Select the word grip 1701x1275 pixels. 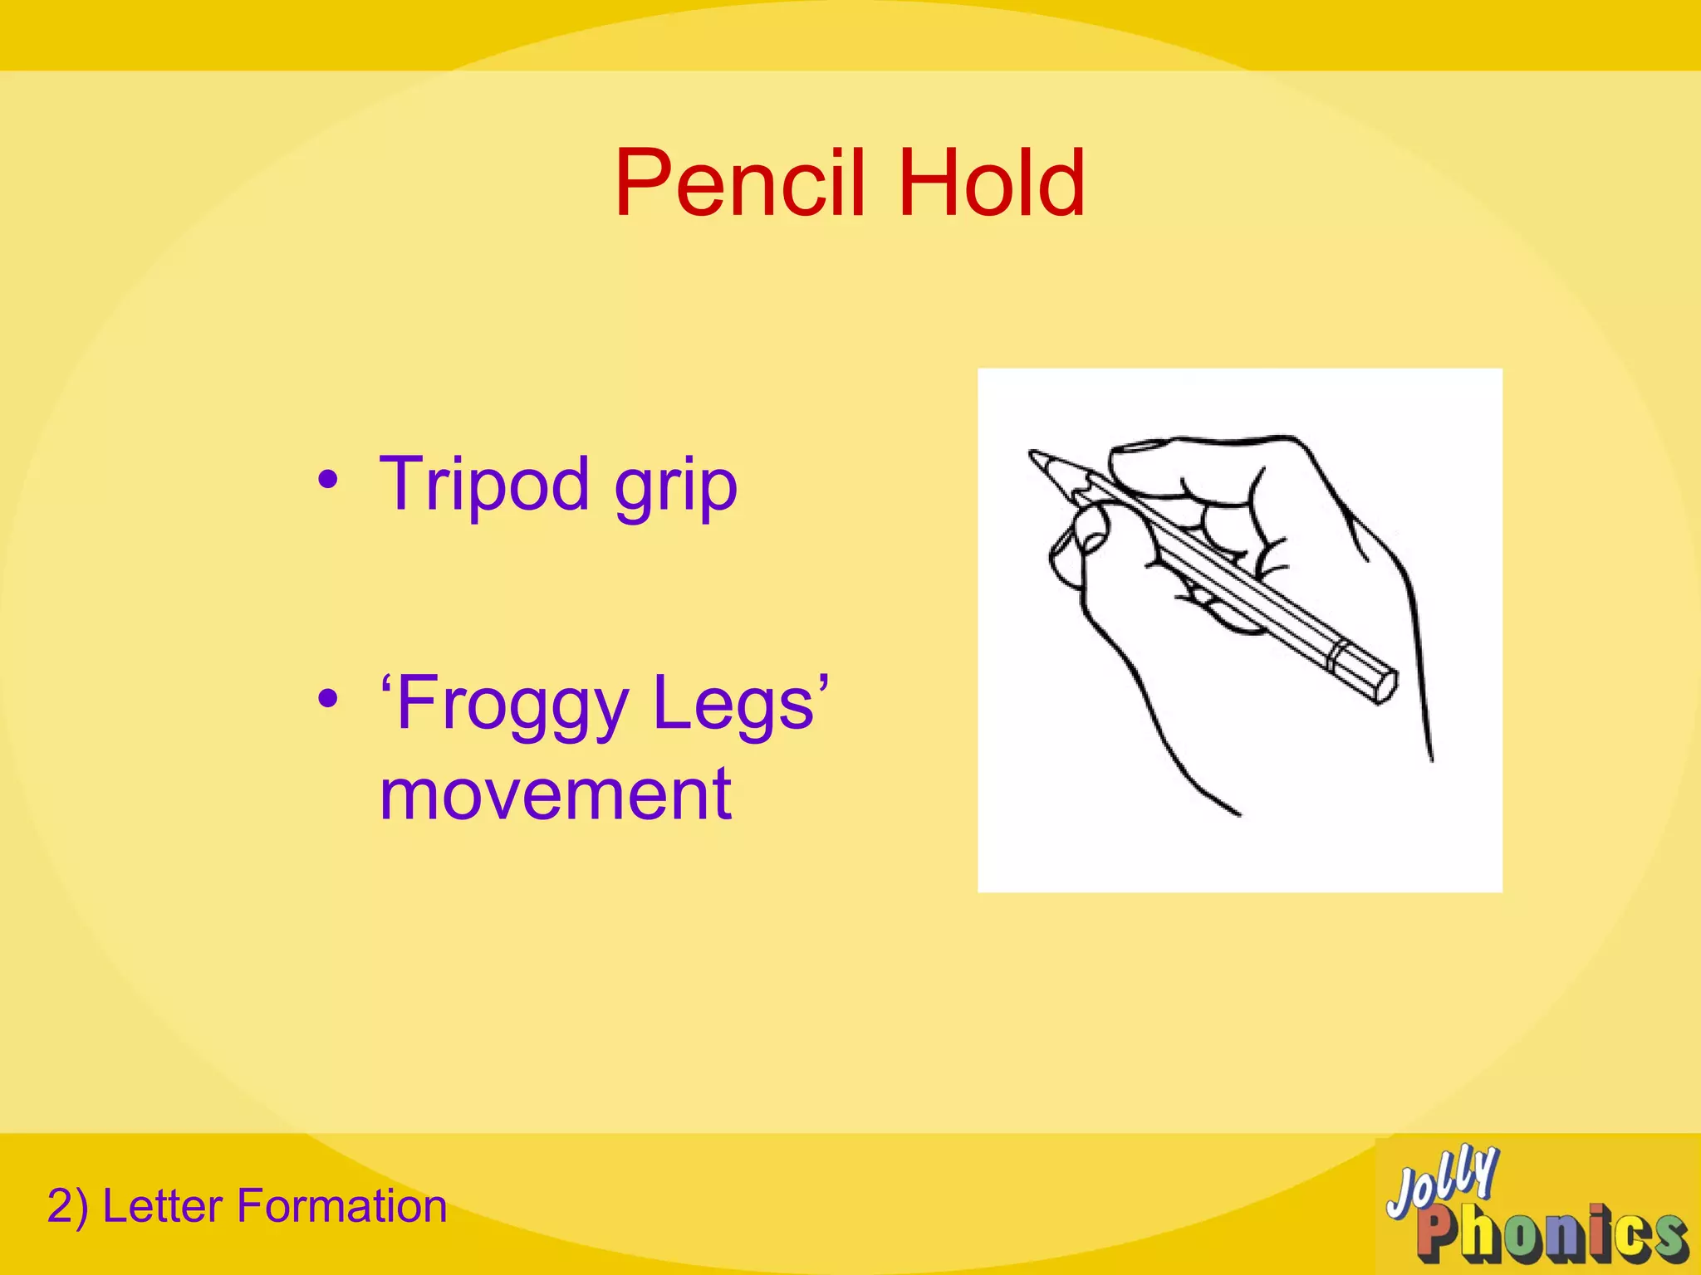coord(675,488)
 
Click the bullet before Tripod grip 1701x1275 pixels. coord(328,480)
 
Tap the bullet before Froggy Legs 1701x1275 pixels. coord(328,699)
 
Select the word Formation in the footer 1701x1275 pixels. coord(341,1206)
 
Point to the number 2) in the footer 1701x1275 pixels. coord(67,1206)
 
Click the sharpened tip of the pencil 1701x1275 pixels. coord(1034,456)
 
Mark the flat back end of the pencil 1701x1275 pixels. coord(1385,684)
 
